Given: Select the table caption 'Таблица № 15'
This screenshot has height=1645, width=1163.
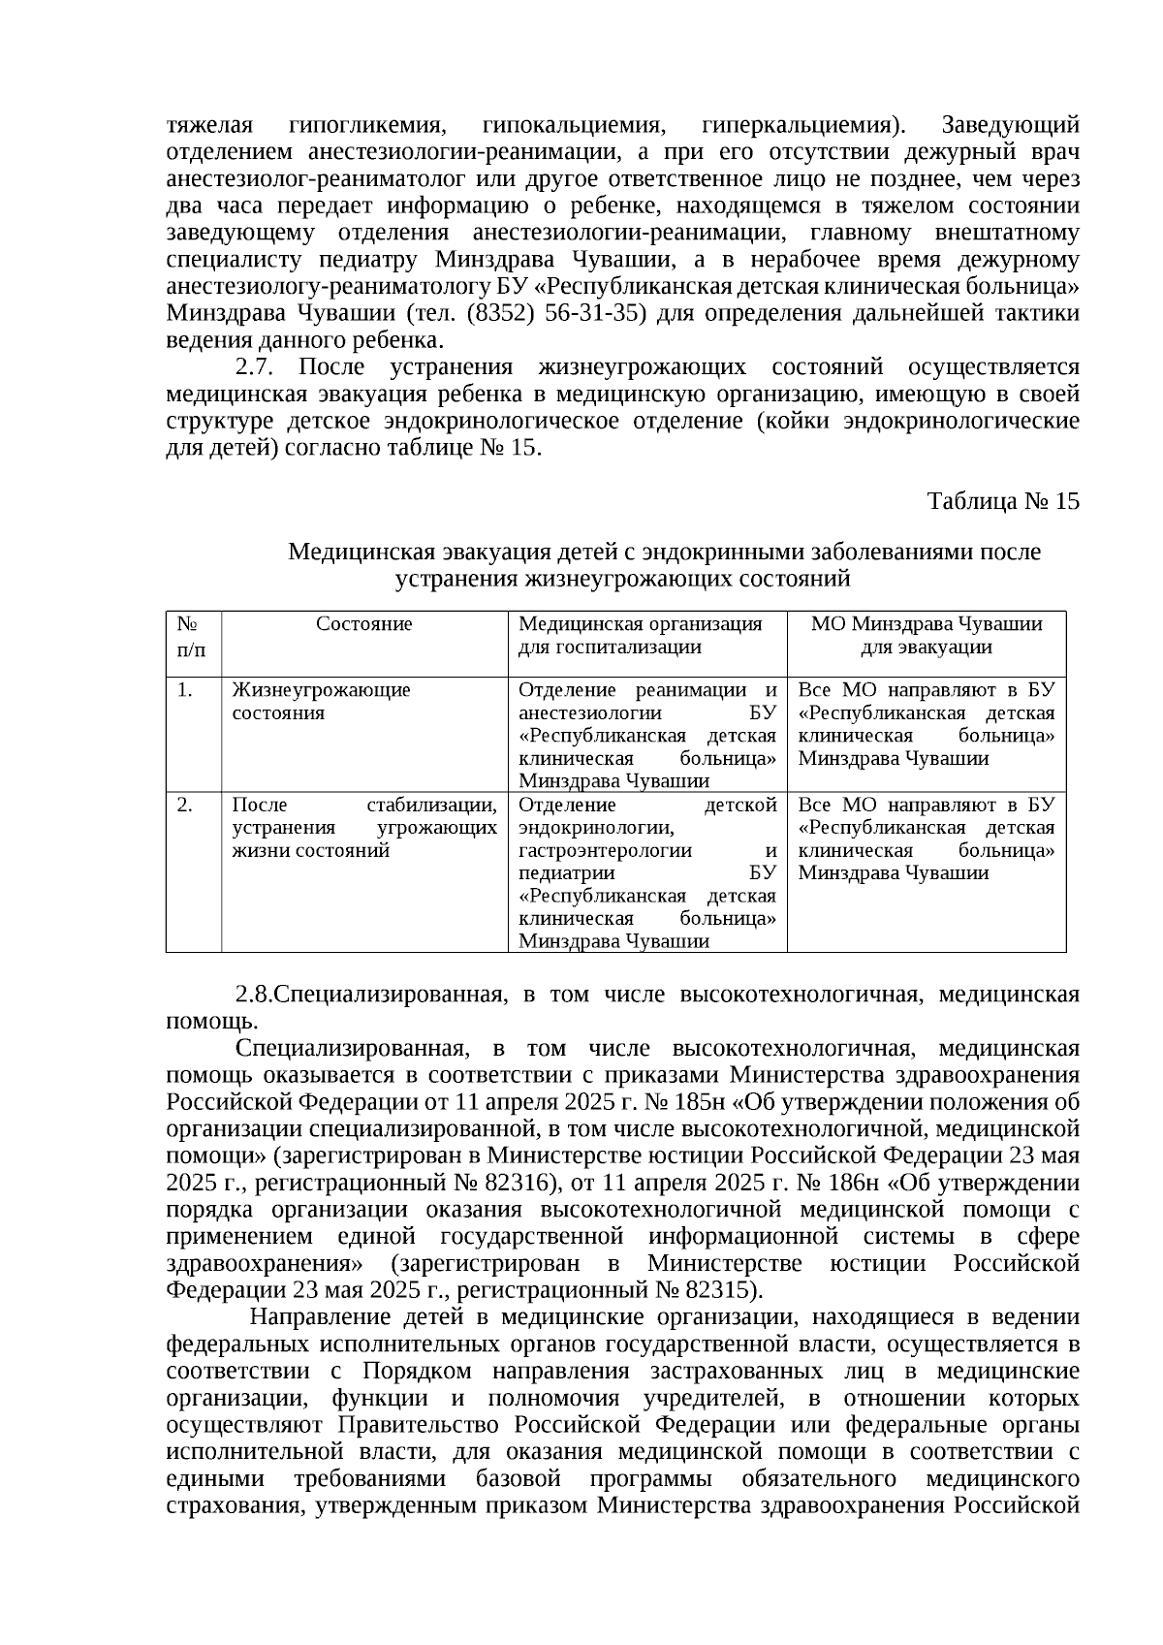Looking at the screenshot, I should pos(1003,501).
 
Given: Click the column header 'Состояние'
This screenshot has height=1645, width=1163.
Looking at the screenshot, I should pos(364,624).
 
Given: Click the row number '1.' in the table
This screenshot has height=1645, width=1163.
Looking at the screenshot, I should pos(185,690).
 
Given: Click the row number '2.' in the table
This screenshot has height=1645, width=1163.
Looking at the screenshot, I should pos(185,805).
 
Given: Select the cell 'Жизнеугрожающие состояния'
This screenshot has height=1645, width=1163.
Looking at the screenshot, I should pos(321,702).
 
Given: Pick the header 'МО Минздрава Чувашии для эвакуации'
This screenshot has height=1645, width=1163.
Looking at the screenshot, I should pos(926,636).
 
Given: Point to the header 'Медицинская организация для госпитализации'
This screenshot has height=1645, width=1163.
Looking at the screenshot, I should pos(640,636).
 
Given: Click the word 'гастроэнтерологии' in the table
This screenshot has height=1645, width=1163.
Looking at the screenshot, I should pos(606,851).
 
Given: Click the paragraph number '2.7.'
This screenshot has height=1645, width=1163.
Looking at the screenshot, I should pos(258,368).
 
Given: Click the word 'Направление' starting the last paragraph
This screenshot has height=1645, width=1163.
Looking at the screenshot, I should pos(319,1318).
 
